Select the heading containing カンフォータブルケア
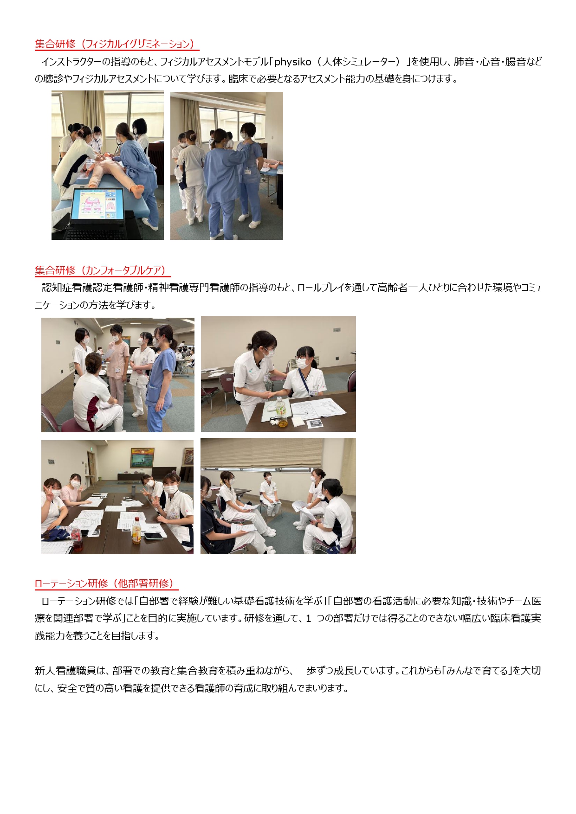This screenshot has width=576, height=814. tap(102, 270)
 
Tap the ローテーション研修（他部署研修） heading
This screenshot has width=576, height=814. tap(106, 583)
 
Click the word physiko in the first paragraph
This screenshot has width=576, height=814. tap(292, 62)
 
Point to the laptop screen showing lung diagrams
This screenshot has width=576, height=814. tap(97, 204)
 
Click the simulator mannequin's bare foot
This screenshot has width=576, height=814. tap(137, 190)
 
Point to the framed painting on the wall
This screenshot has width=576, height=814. tap(142, 458)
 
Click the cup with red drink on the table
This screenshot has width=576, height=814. tap(78, 540)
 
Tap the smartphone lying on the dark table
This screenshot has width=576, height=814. tap(154, 535)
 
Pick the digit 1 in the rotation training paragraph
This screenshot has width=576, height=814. tap(308, 619)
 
